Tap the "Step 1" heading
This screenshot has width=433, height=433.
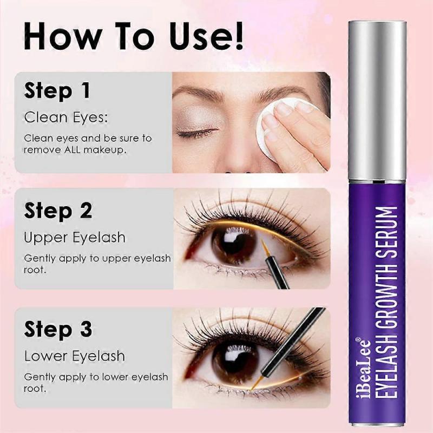pos(57,91)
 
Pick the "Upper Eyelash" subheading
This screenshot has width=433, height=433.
pos(75,237)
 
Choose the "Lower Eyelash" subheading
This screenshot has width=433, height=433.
pos(75,356)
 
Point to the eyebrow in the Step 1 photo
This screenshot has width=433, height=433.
pos(200,93)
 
